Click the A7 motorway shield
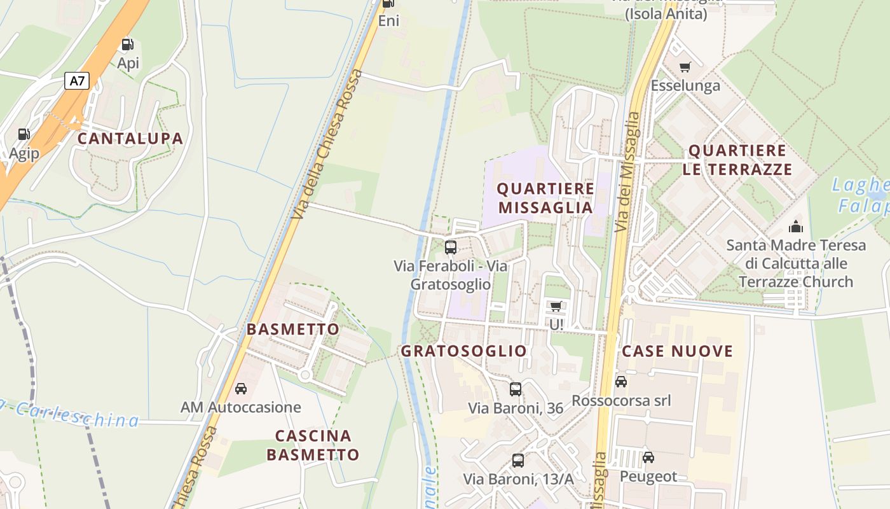(77, 81)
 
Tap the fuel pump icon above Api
(128, 45)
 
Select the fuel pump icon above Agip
(24, 134)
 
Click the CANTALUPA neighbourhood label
(130, 139)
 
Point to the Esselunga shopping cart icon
(685, 67)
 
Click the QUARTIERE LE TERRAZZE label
(737, 160)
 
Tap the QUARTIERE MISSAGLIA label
(545, 198)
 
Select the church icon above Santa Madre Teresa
(795, 227)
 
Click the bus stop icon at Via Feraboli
(451, 247)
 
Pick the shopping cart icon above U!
(556, 307)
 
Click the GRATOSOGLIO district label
(463, 351)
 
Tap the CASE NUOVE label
(677, 351)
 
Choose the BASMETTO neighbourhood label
(293, 330)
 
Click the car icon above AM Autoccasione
(241, 388)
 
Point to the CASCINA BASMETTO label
(313, 445)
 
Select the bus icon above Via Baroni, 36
(516, 389)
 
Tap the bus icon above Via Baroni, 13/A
(518, 460)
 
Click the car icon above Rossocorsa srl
(621, 382)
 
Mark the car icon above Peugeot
(648, 457)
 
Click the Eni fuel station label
(388, 21)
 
